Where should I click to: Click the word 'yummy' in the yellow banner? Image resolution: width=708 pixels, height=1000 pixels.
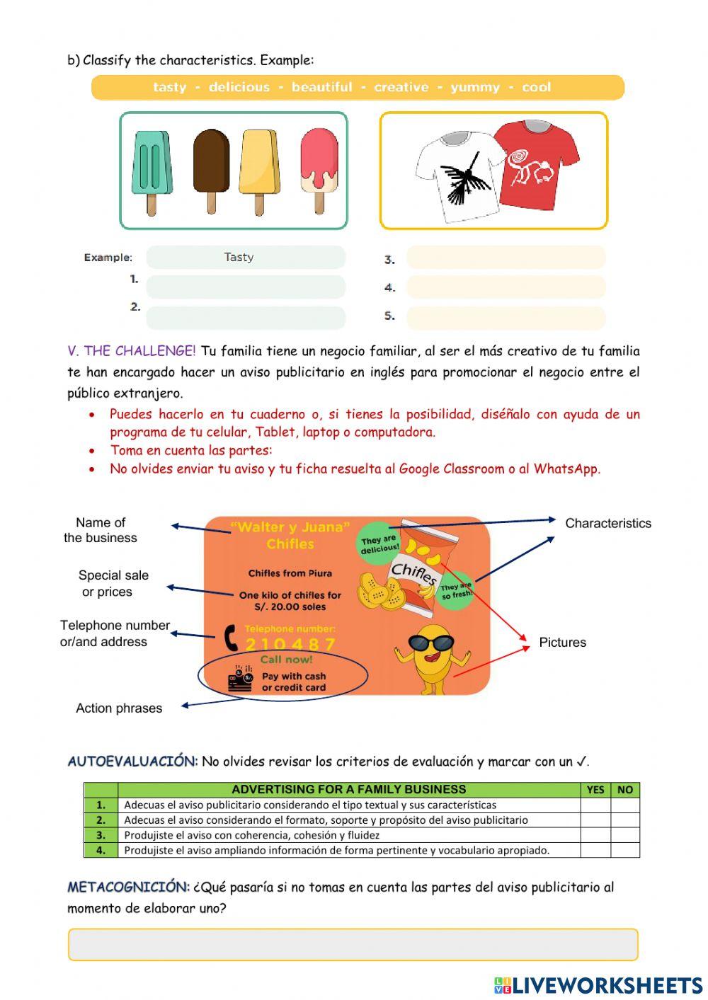(x=474, y=87)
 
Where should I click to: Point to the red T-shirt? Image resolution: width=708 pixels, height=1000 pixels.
(x=536, y=164)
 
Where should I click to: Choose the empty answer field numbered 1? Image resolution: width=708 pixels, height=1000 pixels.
(x=246, y=287)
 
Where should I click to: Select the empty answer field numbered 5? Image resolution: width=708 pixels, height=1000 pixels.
(x=506, y=318)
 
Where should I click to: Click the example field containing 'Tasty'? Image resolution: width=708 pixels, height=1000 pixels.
(x=246, y=258)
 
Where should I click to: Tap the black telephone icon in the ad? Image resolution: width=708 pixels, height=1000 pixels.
(x=231, y=637)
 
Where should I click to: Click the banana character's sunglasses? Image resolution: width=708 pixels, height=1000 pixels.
(x=431, y=643)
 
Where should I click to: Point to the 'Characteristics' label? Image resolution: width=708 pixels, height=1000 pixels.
(x=607, y=523)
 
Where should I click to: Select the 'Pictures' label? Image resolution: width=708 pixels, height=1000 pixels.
(x=562, y=642)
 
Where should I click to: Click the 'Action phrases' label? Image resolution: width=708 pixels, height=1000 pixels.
(x=119, y=708)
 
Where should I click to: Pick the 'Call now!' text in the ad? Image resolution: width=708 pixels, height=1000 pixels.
(x=286, y=660)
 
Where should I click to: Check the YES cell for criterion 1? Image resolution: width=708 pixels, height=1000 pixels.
(x=595, y=805)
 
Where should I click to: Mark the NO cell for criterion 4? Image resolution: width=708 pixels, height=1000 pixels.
(x=624, y=850)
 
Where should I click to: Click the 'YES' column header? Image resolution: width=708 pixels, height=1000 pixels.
(x=595, y=790)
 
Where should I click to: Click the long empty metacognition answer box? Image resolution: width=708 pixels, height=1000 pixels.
(x=353, y=945)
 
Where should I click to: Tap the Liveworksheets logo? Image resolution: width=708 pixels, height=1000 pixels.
(x=598, y=984)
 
